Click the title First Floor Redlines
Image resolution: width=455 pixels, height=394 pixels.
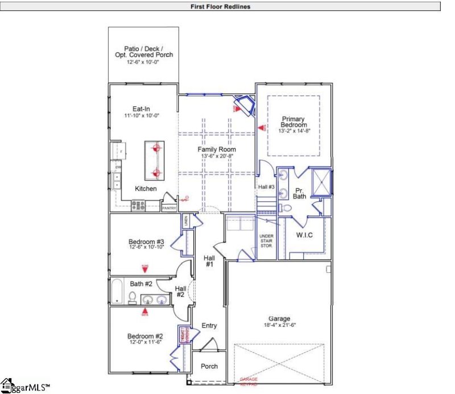221,7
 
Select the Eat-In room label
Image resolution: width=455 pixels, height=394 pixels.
142,109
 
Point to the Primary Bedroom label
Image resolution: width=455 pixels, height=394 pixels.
293,122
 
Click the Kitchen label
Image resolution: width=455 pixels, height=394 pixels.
146,189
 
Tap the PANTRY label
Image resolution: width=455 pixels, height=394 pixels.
169,208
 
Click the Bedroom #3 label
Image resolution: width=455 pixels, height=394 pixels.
146,242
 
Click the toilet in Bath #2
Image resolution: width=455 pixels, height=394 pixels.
132,297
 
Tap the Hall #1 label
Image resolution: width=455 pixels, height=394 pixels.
209,261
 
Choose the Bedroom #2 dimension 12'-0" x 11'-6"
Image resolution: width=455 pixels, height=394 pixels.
145,343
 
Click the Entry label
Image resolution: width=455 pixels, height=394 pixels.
209,325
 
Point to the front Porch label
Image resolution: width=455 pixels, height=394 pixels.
209,366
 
